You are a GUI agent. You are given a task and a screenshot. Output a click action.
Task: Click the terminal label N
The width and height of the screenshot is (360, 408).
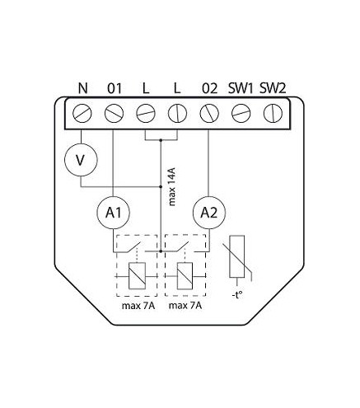[82, 88]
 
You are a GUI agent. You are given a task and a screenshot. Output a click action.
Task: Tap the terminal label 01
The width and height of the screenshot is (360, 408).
[115, 88]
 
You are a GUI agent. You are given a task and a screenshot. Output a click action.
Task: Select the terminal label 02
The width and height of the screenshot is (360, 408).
[209, 88]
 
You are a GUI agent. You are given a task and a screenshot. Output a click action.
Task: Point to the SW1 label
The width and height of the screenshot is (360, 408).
[241, 88]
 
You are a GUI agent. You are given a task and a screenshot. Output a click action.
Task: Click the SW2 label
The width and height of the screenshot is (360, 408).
[273, 88]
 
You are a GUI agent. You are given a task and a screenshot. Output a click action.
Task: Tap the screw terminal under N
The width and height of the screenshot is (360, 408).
[82, 114]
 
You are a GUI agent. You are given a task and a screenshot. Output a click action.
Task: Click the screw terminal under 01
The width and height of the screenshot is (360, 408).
[114, 114]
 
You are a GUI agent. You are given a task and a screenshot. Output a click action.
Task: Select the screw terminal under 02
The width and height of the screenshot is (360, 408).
[209, 114]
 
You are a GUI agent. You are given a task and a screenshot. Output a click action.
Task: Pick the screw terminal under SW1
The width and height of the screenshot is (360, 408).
[241, 114]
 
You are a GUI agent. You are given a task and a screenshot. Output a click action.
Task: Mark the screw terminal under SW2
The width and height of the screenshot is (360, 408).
[273, 114]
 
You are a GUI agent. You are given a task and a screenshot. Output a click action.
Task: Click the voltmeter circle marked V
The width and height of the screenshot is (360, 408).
[81, 160]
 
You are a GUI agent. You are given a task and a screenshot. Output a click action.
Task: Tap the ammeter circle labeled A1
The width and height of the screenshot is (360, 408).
[113, 213]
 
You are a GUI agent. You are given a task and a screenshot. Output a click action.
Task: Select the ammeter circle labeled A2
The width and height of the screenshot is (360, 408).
[209, 213]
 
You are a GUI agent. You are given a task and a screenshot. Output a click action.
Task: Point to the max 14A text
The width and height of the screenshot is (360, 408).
[172, 187]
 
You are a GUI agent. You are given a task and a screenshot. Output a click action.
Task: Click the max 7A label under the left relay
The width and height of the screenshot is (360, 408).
[138, 306]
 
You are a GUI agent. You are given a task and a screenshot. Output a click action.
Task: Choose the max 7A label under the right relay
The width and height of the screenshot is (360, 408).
[185, 306]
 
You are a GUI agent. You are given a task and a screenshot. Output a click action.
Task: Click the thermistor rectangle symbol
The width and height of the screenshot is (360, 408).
[236, 256]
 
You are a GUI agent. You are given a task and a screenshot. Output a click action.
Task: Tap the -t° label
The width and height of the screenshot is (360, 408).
[237, 295]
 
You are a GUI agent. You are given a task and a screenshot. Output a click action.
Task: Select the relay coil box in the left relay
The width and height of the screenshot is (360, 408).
[137, 276]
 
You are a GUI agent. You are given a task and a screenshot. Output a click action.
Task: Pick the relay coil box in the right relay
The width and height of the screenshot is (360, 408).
[185, 276]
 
